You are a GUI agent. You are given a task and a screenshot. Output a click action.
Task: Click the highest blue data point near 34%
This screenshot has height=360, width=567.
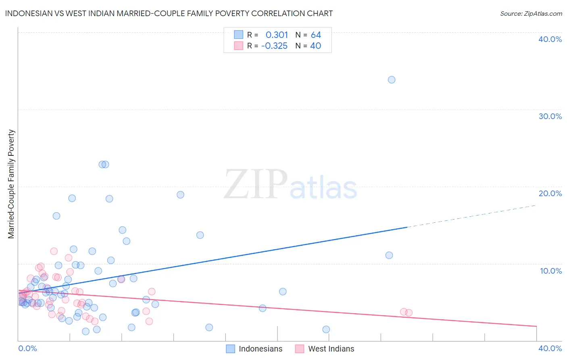[x=392, y=80]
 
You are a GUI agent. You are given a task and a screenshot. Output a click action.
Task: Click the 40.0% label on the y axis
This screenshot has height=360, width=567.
[x=550, y=39]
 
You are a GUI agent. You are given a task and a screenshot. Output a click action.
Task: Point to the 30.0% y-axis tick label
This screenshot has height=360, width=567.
[x=550, y=116]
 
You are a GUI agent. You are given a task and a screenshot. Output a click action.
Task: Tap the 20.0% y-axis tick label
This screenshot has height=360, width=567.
[x=550, y=193]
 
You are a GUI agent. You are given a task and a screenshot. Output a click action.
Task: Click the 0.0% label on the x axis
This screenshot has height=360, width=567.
[x=27, y=348]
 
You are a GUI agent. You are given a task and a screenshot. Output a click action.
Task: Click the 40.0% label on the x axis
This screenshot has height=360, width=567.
[x=550, y=348]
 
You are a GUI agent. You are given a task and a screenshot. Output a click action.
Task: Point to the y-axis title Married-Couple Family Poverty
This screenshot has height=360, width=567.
[x=11, y=184]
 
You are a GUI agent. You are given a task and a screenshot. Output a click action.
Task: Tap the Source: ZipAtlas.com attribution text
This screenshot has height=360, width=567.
[x=531, y=13]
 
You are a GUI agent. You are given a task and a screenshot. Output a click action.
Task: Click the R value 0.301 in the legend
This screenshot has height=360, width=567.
[x=277, y=35]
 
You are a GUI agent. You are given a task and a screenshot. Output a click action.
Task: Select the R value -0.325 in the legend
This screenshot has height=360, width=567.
[x=274, y=46]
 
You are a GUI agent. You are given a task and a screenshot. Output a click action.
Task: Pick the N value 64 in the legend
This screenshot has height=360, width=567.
[x=316, y=35]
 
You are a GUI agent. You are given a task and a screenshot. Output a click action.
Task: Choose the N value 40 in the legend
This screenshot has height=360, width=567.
[x=315, y=46]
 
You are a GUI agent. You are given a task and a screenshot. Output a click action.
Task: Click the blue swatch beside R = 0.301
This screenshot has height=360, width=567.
[x=239, y=35]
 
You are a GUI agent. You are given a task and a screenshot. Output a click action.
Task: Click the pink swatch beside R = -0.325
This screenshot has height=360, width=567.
[x=239, y=46]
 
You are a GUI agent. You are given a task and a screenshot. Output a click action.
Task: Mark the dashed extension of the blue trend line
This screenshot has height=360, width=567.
[x=472, y=216]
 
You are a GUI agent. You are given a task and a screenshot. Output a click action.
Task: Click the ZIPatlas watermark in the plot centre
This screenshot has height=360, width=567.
[x=290, y=184]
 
